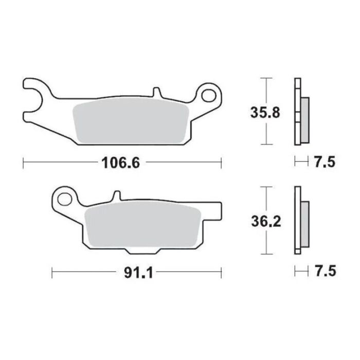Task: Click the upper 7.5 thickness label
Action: (x=324, y=163)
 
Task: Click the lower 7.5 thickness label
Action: (x=324, y=271)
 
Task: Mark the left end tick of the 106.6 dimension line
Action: (x=24, y=163)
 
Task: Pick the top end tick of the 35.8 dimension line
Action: (x=265, y=78)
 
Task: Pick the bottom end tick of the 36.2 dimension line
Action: (x=265, y=254)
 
